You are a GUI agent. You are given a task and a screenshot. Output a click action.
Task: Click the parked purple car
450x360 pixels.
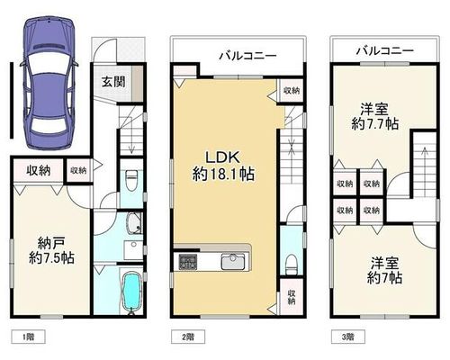click(x=49, y=83)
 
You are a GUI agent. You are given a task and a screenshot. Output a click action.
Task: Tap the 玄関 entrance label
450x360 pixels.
click(x=113, y=82)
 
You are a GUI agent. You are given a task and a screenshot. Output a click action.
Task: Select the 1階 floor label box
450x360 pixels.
click(x=29, y=337)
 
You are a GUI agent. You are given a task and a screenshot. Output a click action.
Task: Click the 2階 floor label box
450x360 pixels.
click(x=188, y=337)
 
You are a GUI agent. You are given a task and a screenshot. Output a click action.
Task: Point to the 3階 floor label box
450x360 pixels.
click(x=348, y=337)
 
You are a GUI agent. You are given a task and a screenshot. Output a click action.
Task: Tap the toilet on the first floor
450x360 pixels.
click(x=131, y=180)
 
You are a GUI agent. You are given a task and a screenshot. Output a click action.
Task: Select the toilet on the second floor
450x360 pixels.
click(x=290, y=265)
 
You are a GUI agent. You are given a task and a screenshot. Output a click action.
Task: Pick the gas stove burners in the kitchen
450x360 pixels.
click(x=188, y=262)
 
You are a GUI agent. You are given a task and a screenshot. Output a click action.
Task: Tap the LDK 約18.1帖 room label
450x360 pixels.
click(x=223, y=166)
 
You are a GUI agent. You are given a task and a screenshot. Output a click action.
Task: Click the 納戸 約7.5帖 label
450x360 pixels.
click(x=51, y=250)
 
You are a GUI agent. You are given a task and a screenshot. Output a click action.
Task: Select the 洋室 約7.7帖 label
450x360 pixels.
click(x=374, y=116)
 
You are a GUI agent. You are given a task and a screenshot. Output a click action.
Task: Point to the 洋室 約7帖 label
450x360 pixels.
click(x=384, y=271)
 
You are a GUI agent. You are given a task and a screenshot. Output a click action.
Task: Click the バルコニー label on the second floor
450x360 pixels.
click(x=247, y=56)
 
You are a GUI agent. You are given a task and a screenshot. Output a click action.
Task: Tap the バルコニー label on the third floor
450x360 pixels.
click(x=385, y=50)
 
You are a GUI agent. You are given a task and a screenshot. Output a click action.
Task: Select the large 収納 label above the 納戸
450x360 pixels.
click(x=39, y=170)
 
